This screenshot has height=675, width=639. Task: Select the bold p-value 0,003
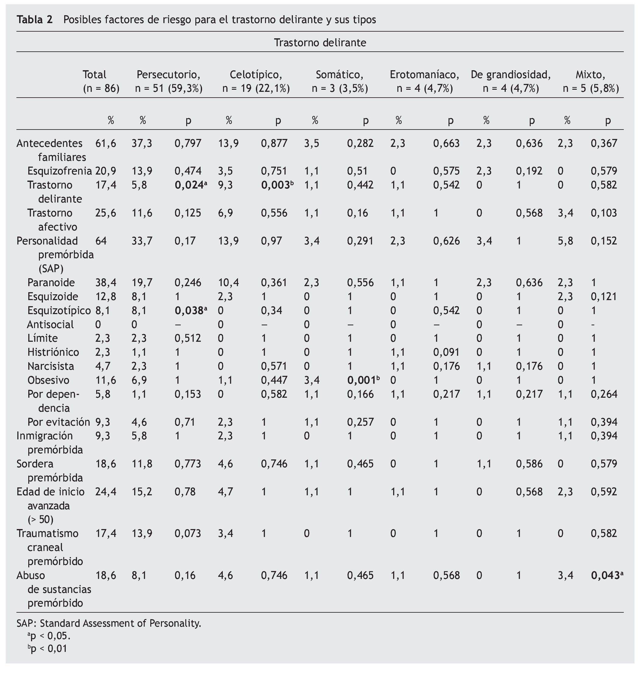pyautogui.click(x=275, y=185)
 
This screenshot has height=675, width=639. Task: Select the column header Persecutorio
pyautogui.click(x=168, y=74)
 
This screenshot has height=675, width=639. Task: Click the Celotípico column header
pyautogui.click(x=256, y=74)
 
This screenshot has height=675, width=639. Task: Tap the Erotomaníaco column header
pyautogui.click(x=424, y=74)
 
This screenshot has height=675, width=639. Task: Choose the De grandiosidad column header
pyautogui.click(x=511, y=74)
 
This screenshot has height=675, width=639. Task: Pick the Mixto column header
pyautogui.click(x=590, y=74)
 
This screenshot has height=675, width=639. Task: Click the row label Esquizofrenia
pyautogui.click(x=60, y=171)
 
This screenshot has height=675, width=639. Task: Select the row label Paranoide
pyautogui.click(x=51, y=282)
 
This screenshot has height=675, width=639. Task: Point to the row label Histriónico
pyautogui.click(x=53, y=352)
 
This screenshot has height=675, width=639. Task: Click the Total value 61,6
pyautogui.click(x=106, y=143)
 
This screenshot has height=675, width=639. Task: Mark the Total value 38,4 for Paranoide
pyautogui.click(x=106, y=282)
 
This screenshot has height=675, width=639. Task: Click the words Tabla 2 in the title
pyautogui.click(x=35, y=20)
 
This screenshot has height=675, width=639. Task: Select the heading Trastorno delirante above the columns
pyautogui.click(x=320, y=43)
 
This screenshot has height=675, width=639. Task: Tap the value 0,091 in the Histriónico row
pyautogui.click(x=446, y=352)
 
